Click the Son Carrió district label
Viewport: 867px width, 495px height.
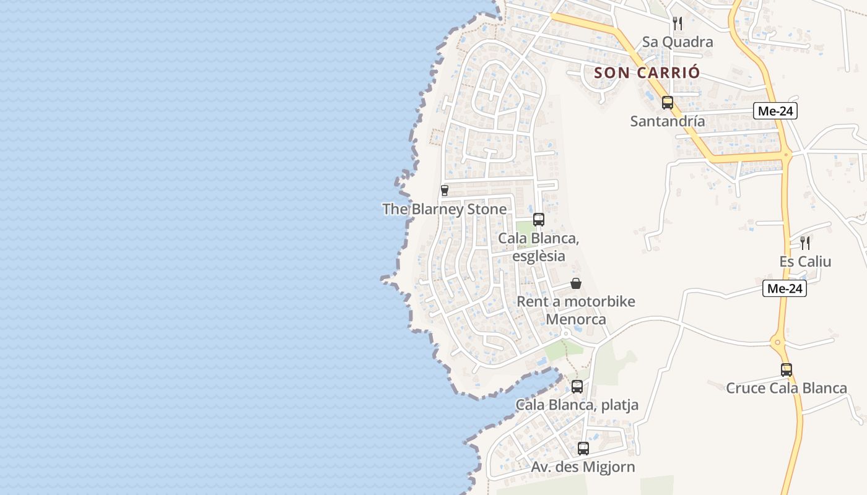click(x=647, y=72)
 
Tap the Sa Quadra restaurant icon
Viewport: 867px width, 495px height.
click(x=677, y=24)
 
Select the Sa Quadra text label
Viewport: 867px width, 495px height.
click(x=677, y=42)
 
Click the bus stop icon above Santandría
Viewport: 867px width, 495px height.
click(x=667, y=103)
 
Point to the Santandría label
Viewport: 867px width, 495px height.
click(x=667, y=121)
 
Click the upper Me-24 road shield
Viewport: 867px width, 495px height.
click(x=775, y=111)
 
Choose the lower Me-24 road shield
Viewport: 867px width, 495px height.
click(x=784, y=288)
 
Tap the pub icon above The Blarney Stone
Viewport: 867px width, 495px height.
click(x=444, y=191)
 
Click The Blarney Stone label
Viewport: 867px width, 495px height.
click(x=444, y=209)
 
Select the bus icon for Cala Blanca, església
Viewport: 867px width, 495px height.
click(x=538, y=219)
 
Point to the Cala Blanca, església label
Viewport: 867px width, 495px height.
click(x=538, y=247)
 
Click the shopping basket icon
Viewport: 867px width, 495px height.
click(x=576, y=283)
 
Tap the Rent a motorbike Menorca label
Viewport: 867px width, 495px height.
click(x=576, y=311)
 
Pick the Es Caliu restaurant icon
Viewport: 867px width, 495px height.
click(x=805, y=243)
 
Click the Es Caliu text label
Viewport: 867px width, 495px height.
click(x=805, y=261)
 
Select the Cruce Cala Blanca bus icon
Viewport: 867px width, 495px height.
click(x=786, y=370)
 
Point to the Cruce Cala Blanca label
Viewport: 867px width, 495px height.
click(x=786, y=388)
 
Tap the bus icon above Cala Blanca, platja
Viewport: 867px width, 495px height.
click(x=577, y=387)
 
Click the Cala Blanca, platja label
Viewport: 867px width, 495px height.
click(x=577, y=405)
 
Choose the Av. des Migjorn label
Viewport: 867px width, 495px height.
click(x=583, y=467)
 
